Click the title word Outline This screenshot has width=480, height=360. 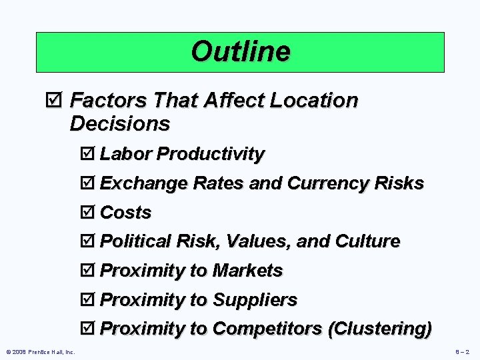coord(240,51)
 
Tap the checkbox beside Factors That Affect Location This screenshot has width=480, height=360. coord(56,101)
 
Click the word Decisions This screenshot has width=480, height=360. coord(119,124)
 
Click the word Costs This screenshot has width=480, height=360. coord(125,213)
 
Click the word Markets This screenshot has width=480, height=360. coord(247,271)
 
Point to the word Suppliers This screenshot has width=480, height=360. coord(255,300)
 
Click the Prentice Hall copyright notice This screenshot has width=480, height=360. coord(41,351)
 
